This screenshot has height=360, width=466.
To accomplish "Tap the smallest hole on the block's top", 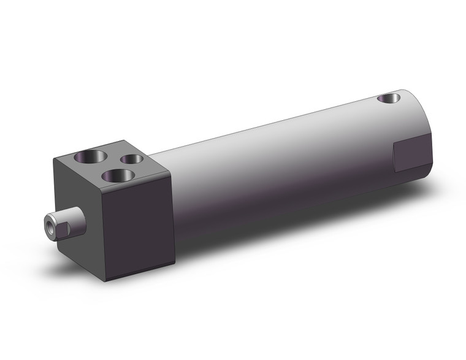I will [x=131, y=159].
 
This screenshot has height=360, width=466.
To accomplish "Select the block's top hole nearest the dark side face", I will [x=116, y=177].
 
